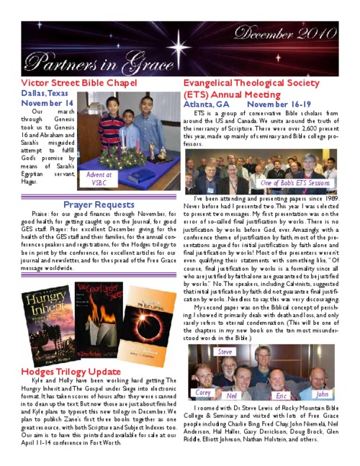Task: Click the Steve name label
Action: point(225,351)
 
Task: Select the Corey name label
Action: point(204,393)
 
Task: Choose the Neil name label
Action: point(231,396)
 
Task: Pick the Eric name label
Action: point(282,396)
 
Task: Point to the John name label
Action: point(322,394)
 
